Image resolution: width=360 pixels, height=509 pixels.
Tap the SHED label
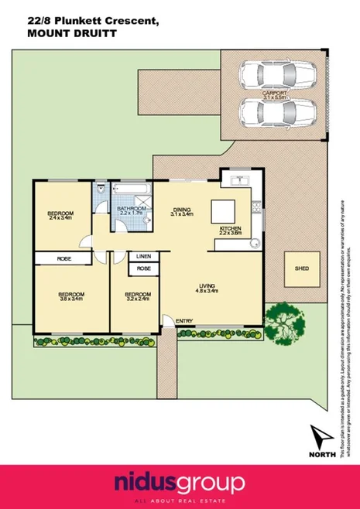301,268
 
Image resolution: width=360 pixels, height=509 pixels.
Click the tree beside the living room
283,316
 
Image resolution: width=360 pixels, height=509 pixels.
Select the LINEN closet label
143,256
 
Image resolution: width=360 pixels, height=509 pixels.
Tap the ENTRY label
183,321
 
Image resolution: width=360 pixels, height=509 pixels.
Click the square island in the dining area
225,210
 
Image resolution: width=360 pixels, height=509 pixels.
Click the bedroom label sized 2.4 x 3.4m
60,216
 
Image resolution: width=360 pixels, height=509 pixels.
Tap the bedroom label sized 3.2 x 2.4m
136,297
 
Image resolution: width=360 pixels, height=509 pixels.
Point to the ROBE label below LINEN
143,268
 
